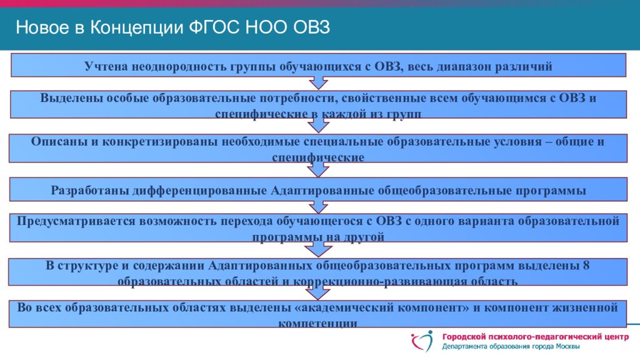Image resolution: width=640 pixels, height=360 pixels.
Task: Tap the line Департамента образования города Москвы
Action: [511, 347]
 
